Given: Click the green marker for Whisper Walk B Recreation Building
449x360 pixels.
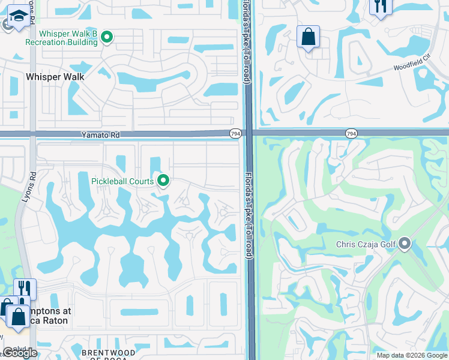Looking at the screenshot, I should pyautogui.click(x=107, y=37).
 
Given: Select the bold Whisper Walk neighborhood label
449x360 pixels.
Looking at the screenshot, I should pyautogui.click(x=55, y=77).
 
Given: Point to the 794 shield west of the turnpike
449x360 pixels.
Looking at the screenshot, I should pyautogui.click(x=235, y=133).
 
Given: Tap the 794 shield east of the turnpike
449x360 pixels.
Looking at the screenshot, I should pyautogui.click(x=351, y=133).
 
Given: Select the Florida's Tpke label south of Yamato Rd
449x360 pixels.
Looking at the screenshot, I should pyautogui.click(x=247, y=216).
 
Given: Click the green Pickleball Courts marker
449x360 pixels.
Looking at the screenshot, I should pyautogui.click(x=163, y=180).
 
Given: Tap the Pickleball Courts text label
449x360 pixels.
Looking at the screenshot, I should pyautogui.click(x=123, y=181).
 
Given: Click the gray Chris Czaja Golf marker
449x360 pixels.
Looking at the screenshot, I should pyautogui.click(x=405, y=244).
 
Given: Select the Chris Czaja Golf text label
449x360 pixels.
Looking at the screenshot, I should pyautogui.click(x=367, y=244).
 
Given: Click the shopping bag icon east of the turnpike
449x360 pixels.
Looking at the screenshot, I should pyautogui.click(x=308, y=37).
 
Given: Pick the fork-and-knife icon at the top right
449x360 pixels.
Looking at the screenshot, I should pyautogui.click(x=381, y=6).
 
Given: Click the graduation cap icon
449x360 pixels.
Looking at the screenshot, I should pyautogui.click(x=19, y=19).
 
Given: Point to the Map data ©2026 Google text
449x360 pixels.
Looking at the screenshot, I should pyautogui.click(x=412, y=355).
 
